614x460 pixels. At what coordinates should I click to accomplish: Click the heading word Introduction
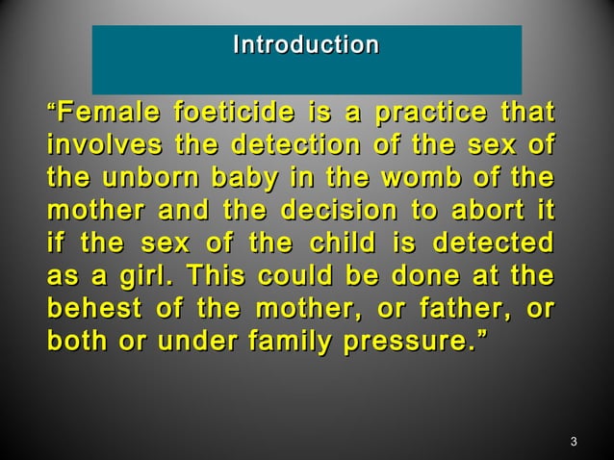tap(306, 45)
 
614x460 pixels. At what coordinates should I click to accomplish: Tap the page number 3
tap(573, 442)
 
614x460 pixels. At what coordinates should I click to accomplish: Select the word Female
tap(108, 115)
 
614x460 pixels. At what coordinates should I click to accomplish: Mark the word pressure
tap(408, 339)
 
